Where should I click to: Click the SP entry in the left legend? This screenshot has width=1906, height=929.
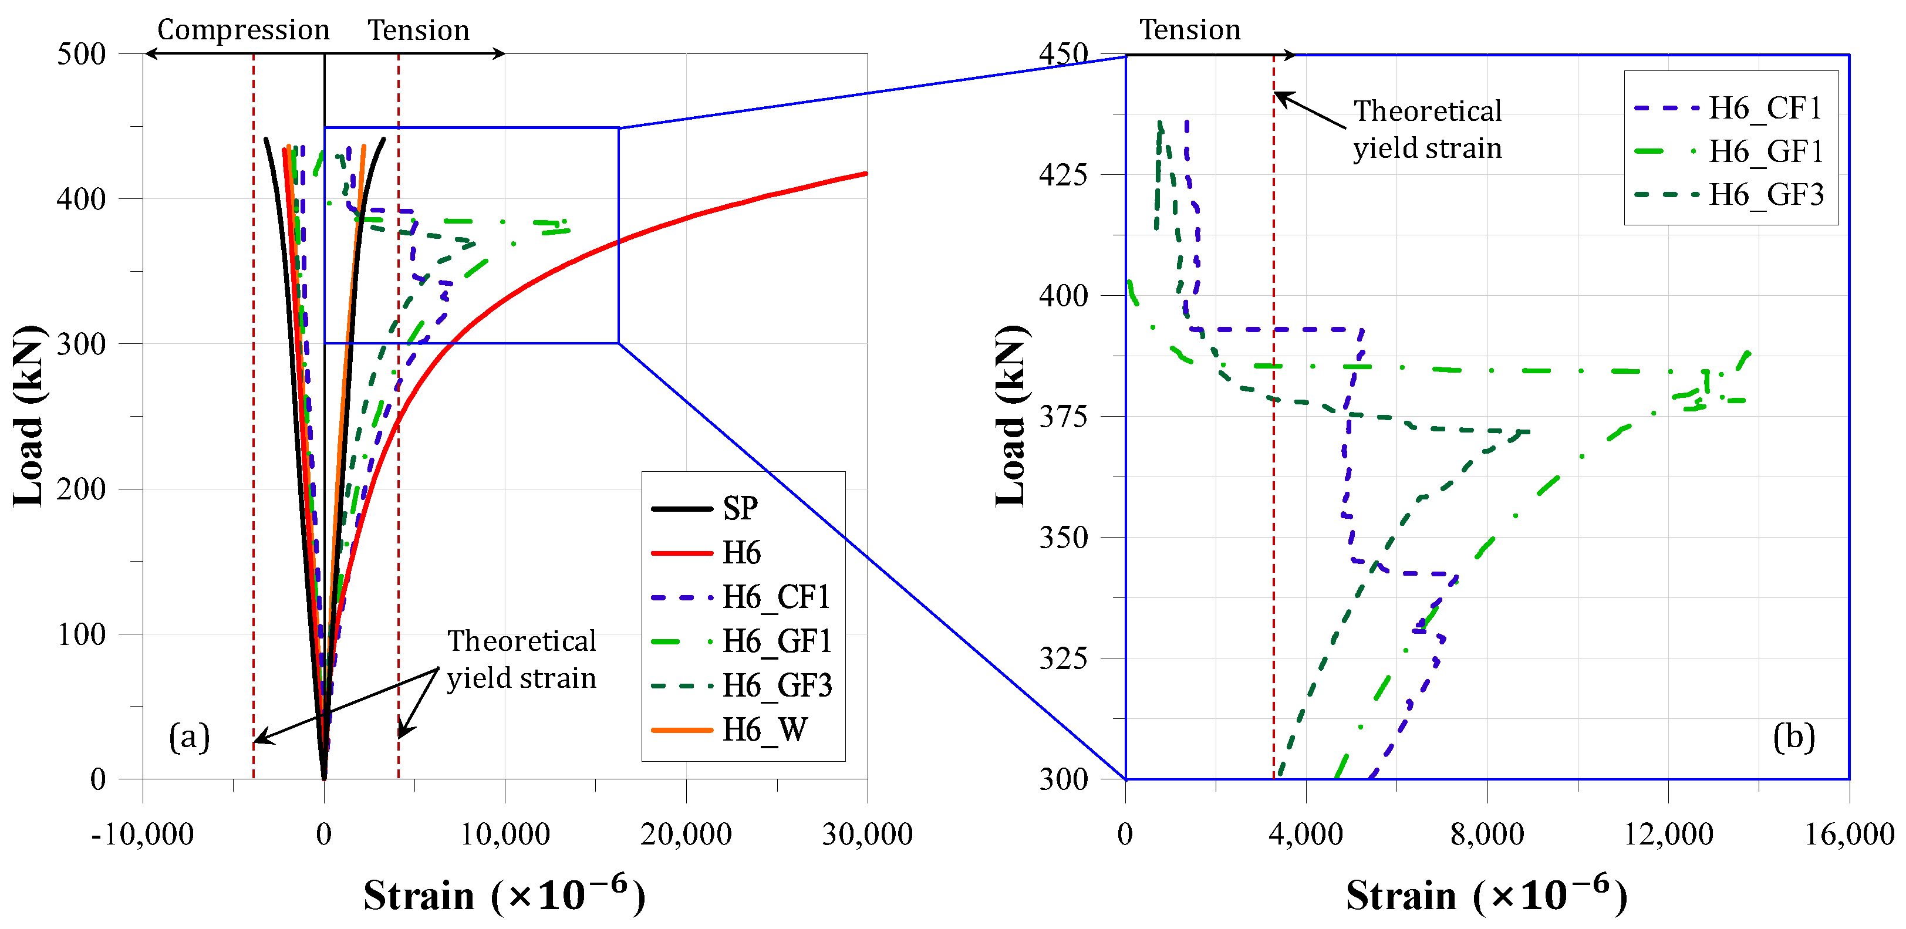coord(704,508)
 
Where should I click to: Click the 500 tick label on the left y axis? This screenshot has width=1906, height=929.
coord(82,54)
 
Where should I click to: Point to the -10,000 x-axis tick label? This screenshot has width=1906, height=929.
coord(142,835)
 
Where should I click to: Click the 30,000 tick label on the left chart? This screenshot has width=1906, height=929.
coord(867,835)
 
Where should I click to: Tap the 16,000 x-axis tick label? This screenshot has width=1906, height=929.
coord(1849,835)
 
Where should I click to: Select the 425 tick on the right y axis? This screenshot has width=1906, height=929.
coord(1063,175)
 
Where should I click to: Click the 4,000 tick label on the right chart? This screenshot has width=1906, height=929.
coord(1306,835)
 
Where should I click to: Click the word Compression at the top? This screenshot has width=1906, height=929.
coord(244,31)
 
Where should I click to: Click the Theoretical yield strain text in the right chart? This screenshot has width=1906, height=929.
coord(1427,130)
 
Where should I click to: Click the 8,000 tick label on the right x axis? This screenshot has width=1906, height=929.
coord(1487,835)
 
